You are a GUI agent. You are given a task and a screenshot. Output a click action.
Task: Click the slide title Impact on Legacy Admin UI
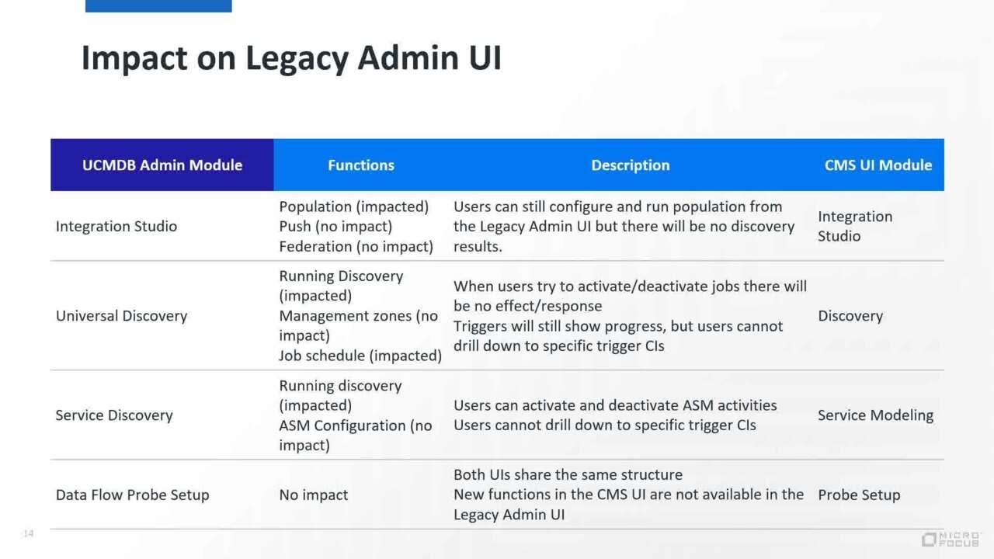point(291,59)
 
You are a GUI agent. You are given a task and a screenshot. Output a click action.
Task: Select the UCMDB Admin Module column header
point(162,165)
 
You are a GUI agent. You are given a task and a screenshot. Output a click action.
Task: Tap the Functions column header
point(360,165)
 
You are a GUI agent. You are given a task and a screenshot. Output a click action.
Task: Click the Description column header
point(630,165)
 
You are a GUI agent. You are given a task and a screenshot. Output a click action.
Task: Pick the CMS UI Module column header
point(878,165)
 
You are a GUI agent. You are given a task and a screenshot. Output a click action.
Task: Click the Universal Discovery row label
point(121,316)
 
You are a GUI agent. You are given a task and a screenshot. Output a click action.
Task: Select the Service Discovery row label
point(113,415)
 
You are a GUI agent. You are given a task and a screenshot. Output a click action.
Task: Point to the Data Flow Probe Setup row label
point(132,495)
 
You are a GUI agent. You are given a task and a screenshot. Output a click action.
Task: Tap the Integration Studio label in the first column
point(116,226)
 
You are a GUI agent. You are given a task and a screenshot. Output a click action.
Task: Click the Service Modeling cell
point(875,415)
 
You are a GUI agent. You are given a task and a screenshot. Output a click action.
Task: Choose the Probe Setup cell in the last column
point(859,495)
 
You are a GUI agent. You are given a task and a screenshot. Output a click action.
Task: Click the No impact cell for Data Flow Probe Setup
point(314,495)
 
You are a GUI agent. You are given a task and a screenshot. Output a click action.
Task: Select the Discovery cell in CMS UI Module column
point(850,316)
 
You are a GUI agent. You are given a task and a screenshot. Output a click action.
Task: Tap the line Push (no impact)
point(335,226)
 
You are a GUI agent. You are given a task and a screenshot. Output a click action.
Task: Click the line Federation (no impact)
point(356,246)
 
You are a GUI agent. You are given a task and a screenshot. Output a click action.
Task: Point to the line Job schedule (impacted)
point(360,356)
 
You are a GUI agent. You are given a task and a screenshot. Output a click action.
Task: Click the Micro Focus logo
point(951,539)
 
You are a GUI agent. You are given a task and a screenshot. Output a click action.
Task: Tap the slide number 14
point(29,533)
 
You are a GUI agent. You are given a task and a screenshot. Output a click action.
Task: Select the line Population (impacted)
point(353,207)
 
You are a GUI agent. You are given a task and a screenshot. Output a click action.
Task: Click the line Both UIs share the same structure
point(568,474)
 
